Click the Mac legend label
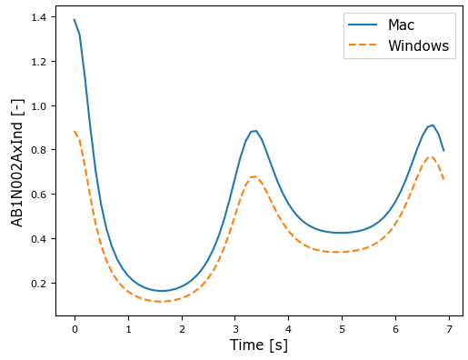(402, 25)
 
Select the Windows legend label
(418, 45)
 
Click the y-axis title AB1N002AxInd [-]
(17, 163)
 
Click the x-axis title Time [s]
(259, 345)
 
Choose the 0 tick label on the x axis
(75, 328)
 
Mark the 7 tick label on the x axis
(449, 328)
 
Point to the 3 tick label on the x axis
(235, 328)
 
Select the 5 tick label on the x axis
(342, 328)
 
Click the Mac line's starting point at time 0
(75, 20)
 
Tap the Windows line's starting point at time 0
(75, 132)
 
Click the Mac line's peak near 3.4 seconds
(256, 131)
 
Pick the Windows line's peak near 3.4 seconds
(254, 176)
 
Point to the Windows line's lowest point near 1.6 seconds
(160, 301)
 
